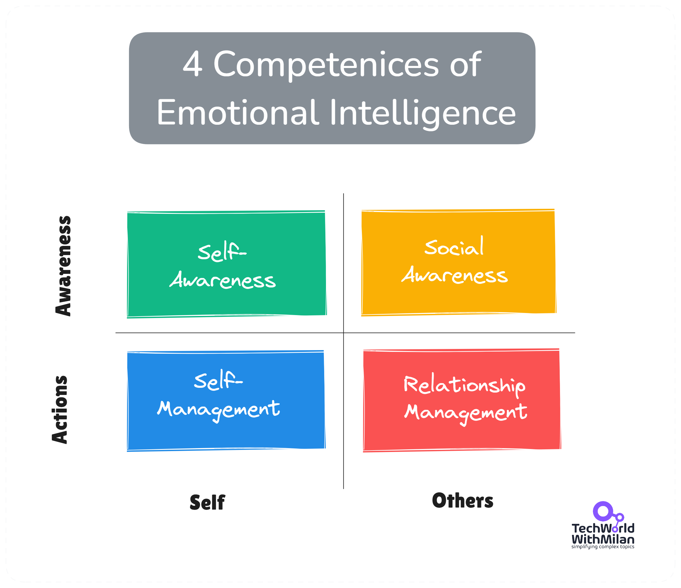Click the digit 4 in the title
tap(192, 64)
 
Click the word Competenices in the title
tap(326, 65)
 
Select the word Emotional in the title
tap(238, 113)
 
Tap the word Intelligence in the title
tap(423, 113)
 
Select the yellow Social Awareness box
tap(459, 262)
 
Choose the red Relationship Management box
tap(462, 400)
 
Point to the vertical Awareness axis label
tap(63, 266)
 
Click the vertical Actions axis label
tap(60, 409)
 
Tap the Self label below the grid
tap(207, 502)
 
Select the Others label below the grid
tap(462, 501)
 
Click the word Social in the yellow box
tap(454, 247)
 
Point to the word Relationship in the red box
tap(464, 385)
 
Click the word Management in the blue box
tap(219, 410)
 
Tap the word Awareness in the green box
tap(223, 281)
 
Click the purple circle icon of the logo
tap(603, 511)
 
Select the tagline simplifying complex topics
tap(603, 546)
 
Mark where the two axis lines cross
tap(343, 333)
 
